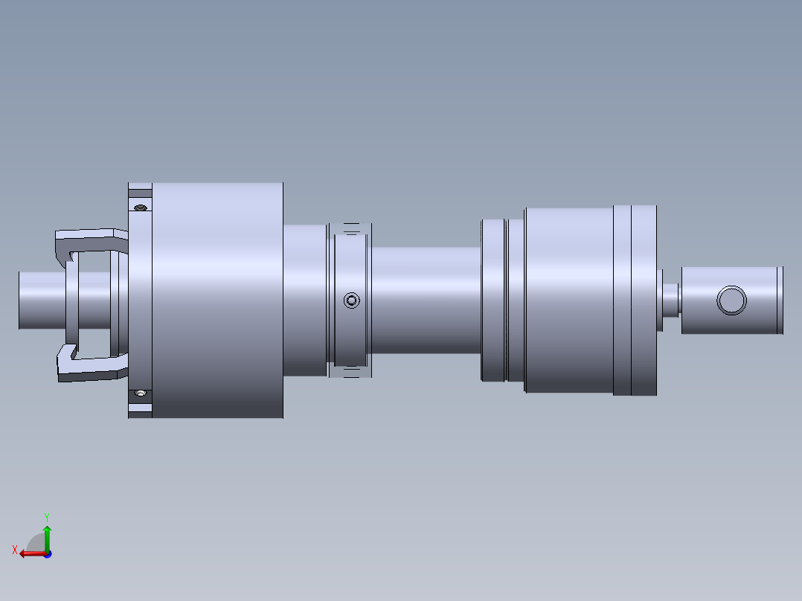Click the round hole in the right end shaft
point(731,300)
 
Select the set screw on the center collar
point(351,300)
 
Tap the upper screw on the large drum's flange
point(141,208)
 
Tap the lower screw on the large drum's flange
point(141,393)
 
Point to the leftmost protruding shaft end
point(42,300)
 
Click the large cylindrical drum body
point(217,300)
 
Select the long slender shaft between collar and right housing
point(426,300)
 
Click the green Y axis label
point(47,517)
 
